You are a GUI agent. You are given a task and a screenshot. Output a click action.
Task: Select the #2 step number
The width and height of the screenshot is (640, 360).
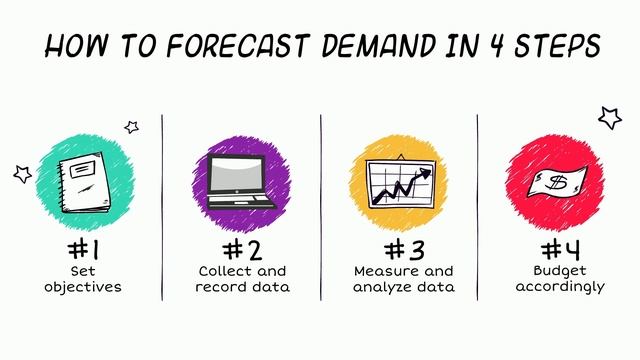pyautogui.click(x=242, y=248)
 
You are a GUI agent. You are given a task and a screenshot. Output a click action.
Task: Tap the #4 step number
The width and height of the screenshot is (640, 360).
pyautogui.click(x=559, y=248)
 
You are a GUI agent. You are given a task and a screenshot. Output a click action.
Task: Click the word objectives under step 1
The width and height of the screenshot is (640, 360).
pyautogui.click(x=83, y=287)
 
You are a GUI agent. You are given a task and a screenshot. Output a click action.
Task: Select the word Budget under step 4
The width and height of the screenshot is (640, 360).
pyautogui.click(x=559, y=271)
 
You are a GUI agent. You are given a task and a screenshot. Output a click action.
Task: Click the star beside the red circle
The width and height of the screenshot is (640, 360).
pyautogui.click(x=609, y=118)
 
